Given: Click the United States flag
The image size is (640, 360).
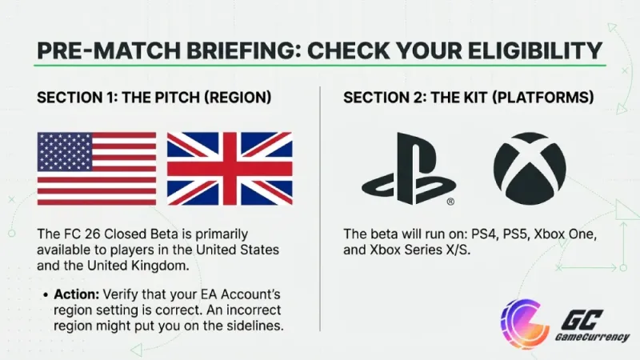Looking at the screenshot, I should [97, 169].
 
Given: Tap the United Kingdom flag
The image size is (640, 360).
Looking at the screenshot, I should [230, 169].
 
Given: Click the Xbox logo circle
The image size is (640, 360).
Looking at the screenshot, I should [530, 168].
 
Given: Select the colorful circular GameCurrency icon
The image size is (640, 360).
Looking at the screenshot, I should [524, 321].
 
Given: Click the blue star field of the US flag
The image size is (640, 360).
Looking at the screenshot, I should [65, 152].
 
